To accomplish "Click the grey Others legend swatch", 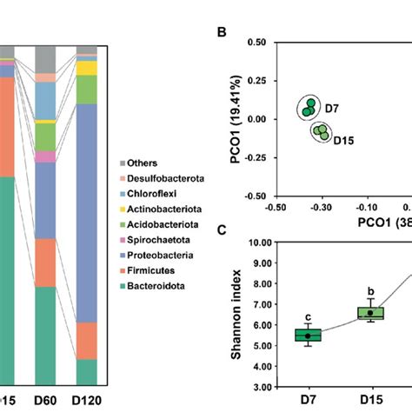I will (x=122, y=163).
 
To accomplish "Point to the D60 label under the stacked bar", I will (x=46, y=402).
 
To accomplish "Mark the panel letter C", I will (x=223, y=230).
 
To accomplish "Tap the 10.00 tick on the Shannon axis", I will (x=254, y=243).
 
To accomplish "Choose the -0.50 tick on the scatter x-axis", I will (x=276, y=209).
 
